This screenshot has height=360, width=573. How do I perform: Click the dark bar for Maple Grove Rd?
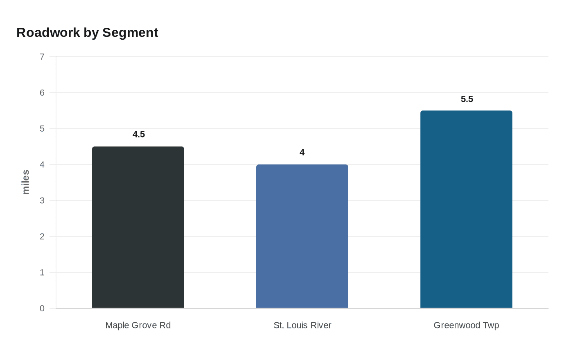(x=138, y=227)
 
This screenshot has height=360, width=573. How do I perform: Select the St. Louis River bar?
(x=302, y=236)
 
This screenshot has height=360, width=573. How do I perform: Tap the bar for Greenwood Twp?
(x=466, y=209)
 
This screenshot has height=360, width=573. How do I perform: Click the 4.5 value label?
(x=139, y=135)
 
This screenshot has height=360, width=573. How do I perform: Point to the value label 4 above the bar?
(x=302, y=153)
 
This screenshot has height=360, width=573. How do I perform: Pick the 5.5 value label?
(x=467, y=99)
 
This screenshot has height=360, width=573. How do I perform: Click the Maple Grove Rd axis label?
(x=138, y=325)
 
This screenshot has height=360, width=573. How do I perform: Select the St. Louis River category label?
(x=302, y=325)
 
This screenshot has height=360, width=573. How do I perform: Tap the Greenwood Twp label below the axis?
(x=466, y=325)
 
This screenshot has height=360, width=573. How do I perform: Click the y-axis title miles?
(x=26, y=182)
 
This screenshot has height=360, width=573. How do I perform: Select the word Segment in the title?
(x=130, y=33)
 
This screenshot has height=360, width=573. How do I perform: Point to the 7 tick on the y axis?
(x=42, y=57)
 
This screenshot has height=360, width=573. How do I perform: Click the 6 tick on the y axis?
(x=42, y=93)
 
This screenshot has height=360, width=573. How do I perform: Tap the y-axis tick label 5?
(x=42, y=129)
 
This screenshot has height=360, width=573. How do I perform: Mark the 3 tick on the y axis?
(x=42, y=201)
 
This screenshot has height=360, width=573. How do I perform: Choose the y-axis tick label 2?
(x=42, y=237)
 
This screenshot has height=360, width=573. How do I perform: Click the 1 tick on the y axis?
(x=42, y=273)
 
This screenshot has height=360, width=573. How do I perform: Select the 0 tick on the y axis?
(x=42, y=309)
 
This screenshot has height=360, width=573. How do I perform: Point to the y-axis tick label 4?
(x=42, y=165)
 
